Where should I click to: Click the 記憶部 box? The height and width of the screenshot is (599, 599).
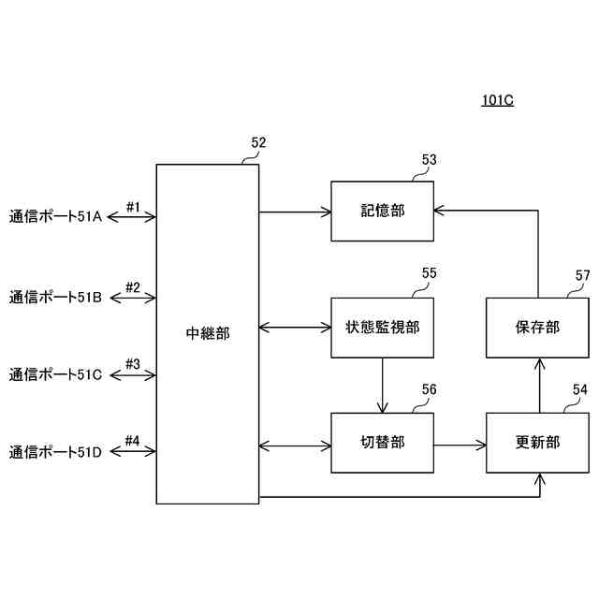[382, 212]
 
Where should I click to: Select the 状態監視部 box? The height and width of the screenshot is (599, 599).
[382, 328]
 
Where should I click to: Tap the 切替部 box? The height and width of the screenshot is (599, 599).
[382, 443]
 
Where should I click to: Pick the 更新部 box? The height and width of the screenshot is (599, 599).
[538, 443]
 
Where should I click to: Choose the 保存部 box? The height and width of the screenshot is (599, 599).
[538, 328]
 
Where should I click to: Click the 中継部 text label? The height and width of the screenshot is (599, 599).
[207, 333]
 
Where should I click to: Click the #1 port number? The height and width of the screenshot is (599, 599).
[133, 207]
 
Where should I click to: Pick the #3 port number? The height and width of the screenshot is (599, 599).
[133, 364]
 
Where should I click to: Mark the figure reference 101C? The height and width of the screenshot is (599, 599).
[498, 101]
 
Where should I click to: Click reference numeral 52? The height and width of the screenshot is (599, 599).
[258, 143]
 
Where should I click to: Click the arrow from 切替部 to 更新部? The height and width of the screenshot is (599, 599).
[460, 443]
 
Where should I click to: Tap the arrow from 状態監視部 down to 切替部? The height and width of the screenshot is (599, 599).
[382, 385]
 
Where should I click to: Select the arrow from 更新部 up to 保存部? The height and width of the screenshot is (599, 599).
[538, 385]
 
